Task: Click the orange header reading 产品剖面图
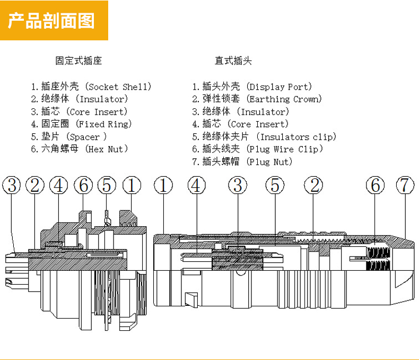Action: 54,21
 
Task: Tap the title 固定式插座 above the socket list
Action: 78,61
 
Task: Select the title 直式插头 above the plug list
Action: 233,61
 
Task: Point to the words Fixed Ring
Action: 104,124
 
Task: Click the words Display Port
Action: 280,87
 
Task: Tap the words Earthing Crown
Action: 285,99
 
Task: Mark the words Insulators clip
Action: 300,137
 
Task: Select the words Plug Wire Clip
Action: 286,149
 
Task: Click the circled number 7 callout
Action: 405,185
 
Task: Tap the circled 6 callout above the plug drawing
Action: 376,185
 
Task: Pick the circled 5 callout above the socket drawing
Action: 107,185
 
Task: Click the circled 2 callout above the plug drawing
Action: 313,185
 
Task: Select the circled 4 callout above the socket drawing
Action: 59,185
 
